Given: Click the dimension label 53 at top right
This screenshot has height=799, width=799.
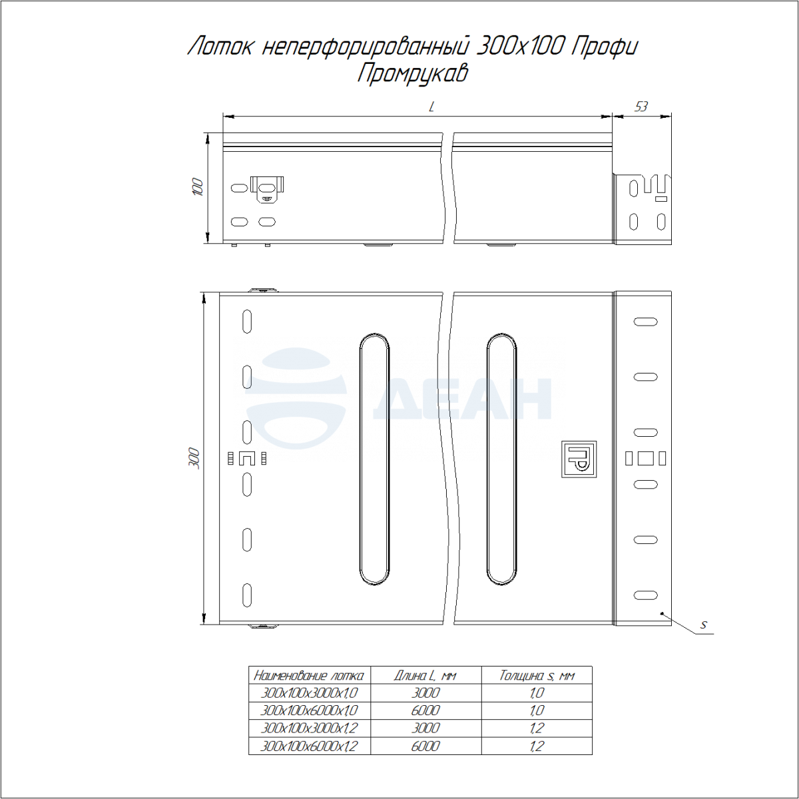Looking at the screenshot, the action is (x=641, y=107).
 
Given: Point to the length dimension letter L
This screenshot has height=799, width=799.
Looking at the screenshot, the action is (x=431, y=107).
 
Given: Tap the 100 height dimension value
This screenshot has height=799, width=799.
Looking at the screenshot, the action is (x=198, y=187).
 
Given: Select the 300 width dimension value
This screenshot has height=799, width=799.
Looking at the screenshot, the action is (x=194, y=457).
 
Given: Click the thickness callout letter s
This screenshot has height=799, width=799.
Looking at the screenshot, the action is (x=703, y=636).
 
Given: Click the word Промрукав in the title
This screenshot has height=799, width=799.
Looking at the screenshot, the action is (x=412, y=74).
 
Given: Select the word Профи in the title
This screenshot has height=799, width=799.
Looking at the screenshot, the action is (x=604, y=47).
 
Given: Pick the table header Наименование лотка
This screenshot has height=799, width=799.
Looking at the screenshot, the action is (x=308, y=676).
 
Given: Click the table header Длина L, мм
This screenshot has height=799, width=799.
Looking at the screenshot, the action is (x=425, y=676).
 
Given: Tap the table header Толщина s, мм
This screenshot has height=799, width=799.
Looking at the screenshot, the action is (x=537, y=676).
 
